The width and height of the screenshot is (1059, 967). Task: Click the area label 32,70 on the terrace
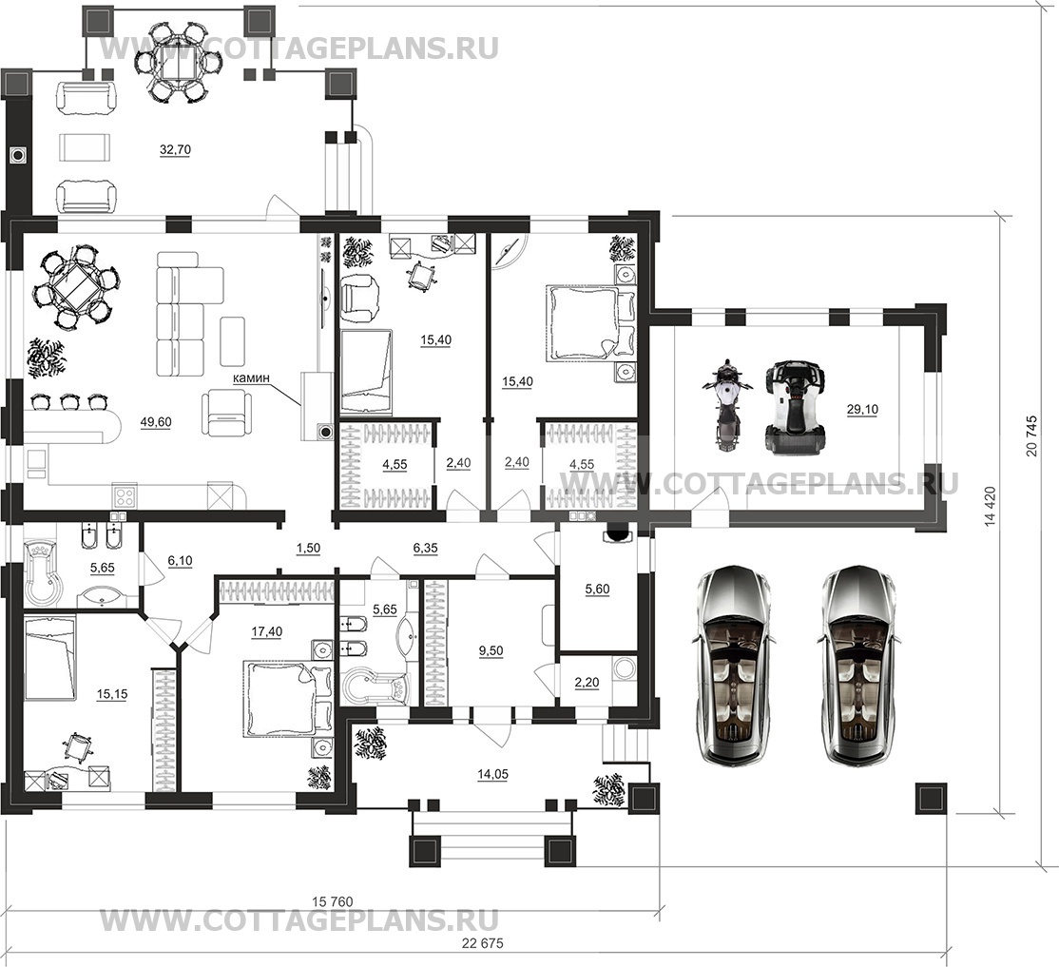[175, 150]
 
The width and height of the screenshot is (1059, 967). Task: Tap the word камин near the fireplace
[251, 378]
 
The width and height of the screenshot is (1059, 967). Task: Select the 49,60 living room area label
[156, 422]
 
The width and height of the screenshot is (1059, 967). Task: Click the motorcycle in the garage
[724, 405]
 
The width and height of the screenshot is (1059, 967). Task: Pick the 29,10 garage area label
[862, 409]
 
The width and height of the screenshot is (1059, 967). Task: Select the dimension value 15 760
[333, 900]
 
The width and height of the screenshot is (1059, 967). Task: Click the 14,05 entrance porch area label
[492, 775]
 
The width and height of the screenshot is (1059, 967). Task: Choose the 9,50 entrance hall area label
[491, 651]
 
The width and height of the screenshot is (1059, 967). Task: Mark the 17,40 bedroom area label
[267, 631]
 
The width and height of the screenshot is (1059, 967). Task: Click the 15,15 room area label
[112, 693]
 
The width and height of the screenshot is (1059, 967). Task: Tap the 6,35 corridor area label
[426, 549]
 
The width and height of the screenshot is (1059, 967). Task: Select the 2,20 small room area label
[587, 684]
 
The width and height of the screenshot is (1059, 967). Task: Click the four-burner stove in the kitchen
[125, 496]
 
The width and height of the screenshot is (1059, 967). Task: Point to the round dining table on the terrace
[179, 62]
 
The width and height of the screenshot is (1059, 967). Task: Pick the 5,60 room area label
[597, 590]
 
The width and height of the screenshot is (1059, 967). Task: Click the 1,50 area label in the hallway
[308, 549]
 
